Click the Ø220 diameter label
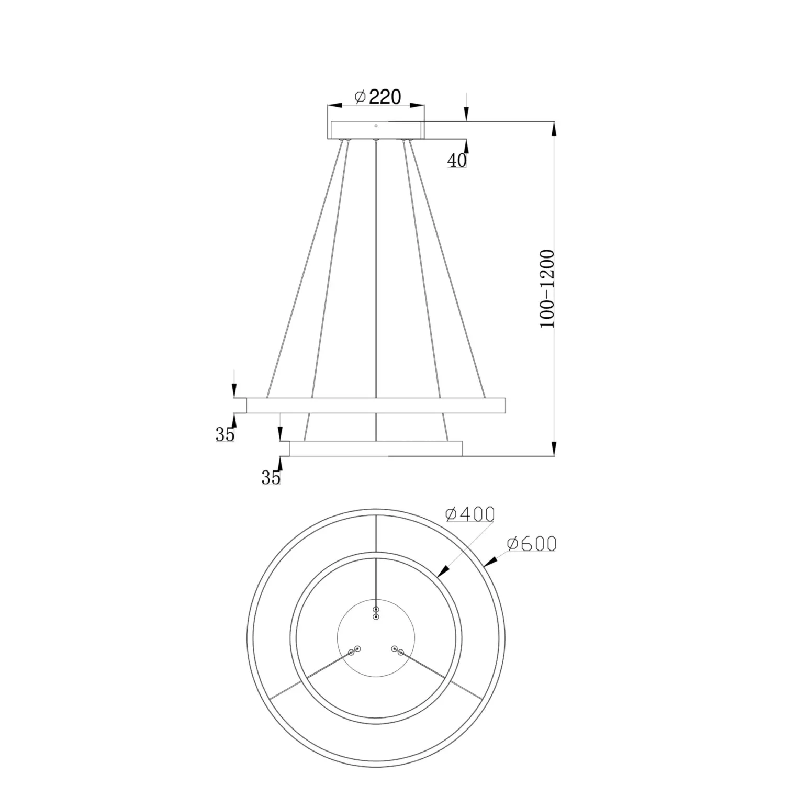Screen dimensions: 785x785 pos(378,97)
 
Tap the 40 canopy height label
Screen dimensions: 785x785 pos(456,161)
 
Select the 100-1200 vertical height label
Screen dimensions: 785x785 pos(547,288)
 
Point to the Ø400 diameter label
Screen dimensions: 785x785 pos(469,514)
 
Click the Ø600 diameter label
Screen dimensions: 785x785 pos(531,544)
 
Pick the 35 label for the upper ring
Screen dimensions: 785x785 pos(225,434)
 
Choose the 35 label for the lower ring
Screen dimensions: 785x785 pos(271,477)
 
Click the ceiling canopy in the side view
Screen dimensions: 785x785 pos(376,130)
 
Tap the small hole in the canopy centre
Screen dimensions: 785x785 pos(376,126)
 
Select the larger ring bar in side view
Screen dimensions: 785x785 pos(376,406)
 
